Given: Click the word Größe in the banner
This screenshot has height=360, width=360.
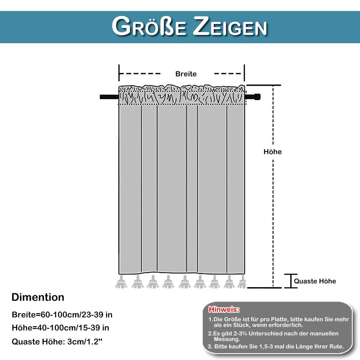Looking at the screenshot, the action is point(149,26).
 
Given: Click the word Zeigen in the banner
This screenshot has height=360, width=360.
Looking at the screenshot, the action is point(230,26).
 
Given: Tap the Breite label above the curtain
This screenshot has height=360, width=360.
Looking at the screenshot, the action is point(186,74).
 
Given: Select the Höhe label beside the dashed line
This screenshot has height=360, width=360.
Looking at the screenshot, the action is point(272,152).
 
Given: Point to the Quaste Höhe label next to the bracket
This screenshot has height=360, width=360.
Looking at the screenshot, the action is point(315,281).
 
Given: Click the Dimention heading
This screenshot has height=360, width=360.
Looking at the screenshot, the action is point(38,297).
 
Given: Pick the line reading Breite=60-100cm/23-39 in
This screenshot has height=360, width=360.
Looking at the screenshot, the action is point(62,315).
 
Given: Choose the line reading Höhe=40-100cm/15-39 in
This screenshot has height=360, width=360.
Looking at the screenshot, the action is point(60,328).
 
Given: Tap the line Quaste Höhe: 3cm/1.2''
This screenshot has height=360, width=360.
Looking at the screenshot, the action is point(57,342).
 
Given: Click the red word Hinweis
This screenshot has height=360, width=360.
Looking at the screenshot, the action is point(224,309).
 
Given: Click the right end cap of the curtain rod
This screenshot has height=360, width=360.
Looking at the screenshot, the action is point(257,97).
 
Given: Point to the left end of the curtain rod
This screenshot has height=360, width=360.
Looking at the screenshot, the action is point(101,97).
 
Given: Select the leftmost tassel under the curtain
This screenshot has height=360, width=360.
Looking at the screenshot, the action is point(121,282).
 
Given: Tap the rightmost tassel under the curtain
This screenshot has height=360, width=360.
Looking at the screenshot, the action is point(242,282).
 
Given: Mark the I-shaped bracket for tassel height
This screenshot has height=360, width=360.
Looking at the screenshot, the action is point(291,281).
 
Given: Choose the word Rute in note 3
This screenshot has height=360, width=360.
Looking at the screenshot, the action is point(336,346).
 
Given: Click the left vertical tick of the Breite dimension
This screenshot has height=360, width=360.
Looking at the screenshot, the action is point(119,73).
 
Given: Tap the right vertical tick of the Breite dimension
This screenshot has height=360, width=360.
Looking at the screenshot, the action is point(244,73).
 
